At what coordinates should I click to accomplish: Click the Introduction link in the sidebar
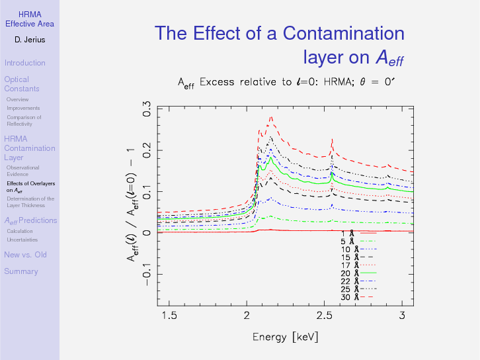(x=24, y=63)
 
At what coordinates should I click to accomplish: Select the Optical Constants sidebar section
(x=21, y=84)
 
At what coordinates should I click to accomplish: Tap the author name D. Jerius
(x=29, y=40)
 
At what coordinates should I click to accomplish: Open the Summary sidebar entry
(x=21, y=271)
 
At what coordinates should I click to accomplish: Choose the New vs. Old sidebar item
(x=25, y=255)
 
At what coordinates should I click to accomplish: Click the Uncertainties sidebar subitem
(x=22, y=240)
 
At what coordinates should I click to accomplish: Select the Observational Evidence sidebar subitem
(x=22, y=171)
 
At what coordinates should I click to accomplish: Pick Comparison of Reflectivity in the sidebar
(x=24, y=120)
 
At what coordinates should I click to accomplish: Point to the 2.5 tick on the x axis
(x=324, y=316)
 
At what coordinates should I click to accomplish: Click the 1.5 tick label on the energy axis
(x=169, y=316)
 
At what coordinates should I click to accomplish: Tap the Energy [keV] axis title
(x=285, y=337)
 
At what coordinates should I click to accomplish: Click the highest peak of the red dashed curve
(x=270, y=118)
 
